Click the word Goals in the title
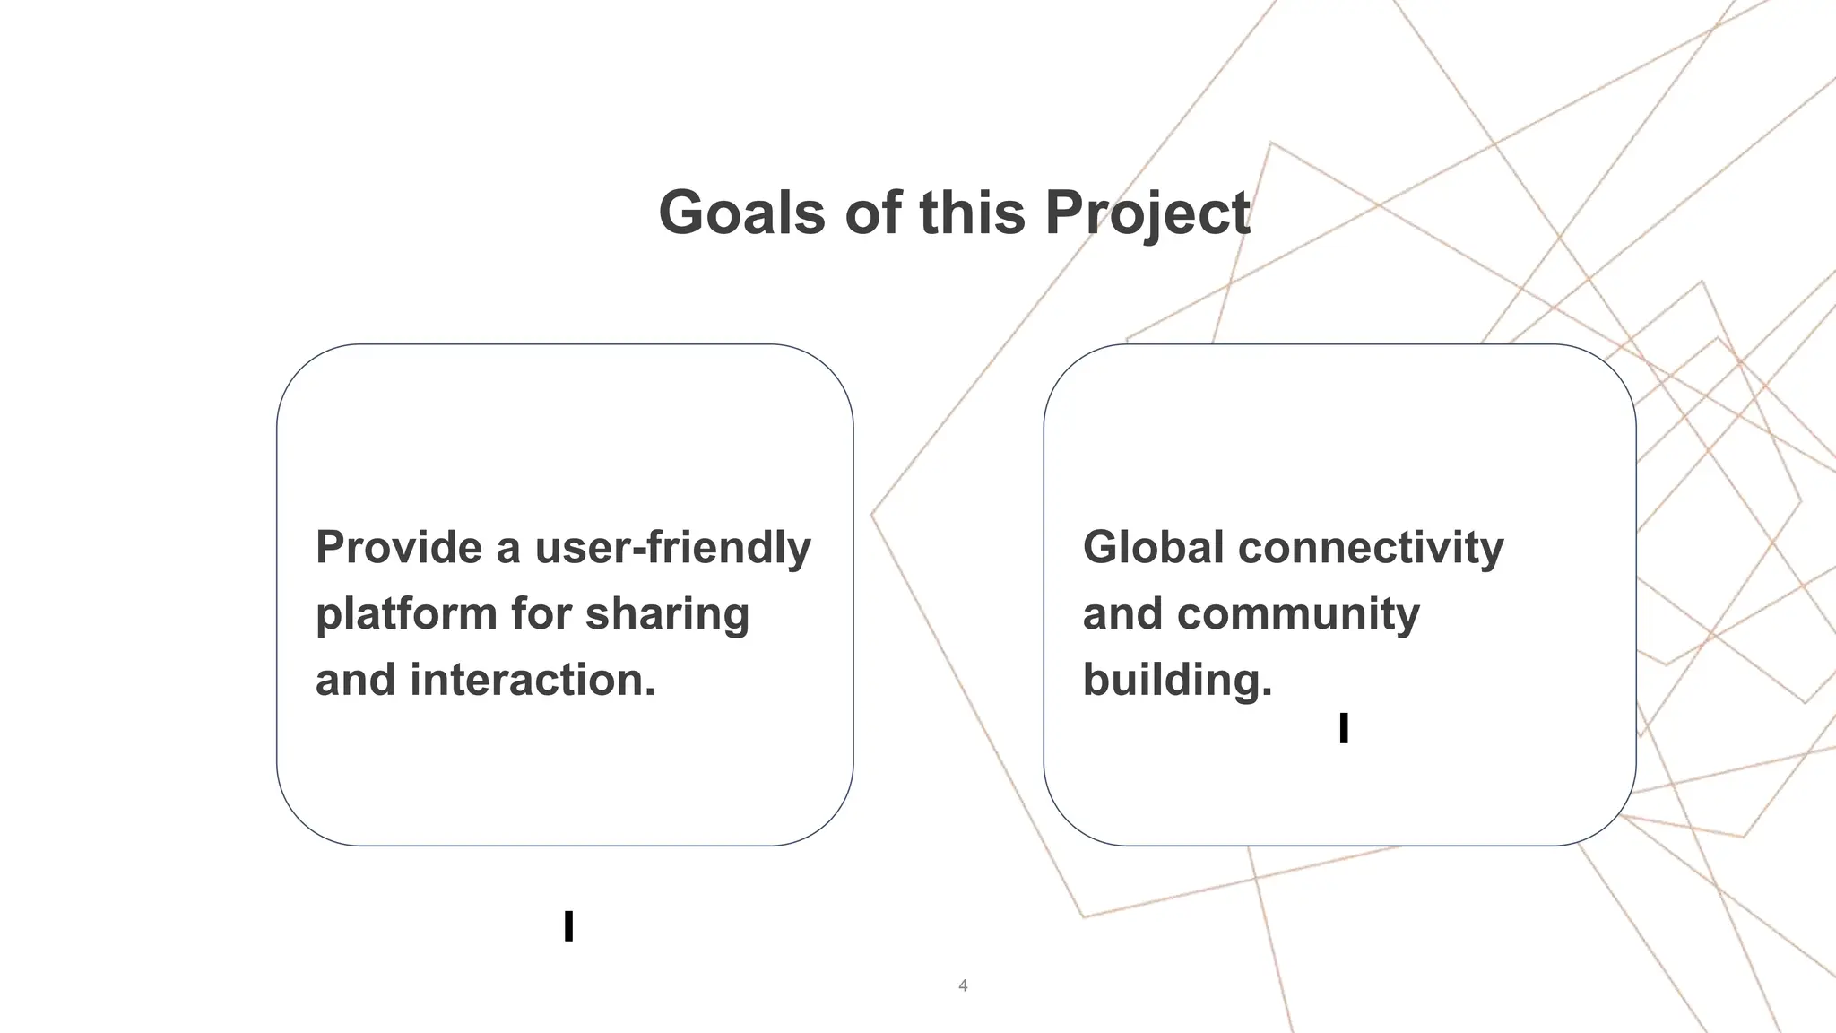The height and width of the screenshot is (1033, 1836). click(741, 213)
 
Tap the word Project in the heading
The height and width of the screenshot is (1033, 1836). click(1147, 213)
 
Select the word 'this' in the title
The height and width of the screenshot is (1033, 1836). click(972, 213)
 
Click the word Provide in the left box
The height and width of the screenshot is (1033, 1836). click(399, 547)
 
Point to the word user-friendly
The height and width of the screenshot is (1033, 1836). click(672, 547)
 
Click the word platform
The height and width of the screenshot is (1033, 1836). click(406, 614)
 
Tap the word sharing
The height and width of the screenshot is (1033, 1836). click(667, 614)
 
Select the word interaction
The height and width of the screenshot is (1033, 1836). click(533, 680)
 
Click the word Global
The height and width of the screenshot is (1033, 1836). click(1153, 547)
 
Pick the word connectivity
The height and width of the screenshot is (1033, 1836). click(1371, 547)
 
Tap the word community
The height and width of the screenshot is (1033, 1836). click(1298, 614)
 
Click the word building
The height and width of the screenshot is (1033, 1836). click(1177, 680)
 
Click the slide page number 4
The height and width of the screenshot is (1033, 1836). click(963, 985)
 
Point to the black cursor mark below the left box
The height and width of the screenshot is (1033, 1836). click(568, 926)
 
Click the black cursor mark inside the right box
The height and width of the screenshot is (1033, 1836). click(1343, 728)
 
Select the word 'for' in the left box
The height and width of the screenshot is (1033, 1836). click(541, 614)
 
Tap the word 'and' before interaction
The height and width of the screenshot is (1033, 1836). click(355, 680)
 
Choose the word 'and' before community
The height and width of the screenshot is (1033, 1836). click(1122, 614)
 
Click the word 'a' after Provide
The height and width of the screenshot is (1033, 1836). click(507, 549)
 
